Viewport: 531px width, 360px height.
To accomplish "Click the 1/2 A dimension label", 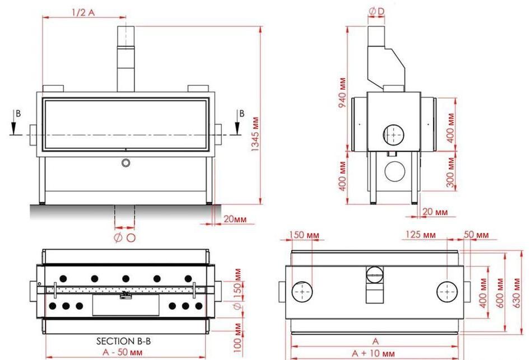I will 82,13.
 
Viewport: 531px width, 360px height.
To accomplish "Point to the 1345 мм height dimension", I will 255,135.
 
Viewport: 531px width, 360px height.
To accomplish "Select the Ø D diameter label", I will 376,11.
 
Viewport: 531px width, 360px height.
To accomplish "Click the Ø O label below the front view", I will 124,237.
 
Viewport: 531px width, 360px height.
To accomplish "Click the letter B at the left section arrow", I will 18,113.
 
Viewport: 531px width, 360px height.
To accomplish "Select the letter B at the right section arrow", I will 241,113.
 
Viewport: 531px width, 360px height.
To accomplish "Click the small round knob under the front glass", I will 126,162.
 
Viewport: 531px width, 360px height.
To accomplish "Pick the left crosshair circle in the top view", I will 302,292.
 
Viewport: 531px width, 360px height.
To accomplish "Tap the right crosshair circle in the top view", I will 448,292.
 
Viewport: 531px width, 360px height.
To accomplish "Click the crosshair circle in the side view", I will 394,134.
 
